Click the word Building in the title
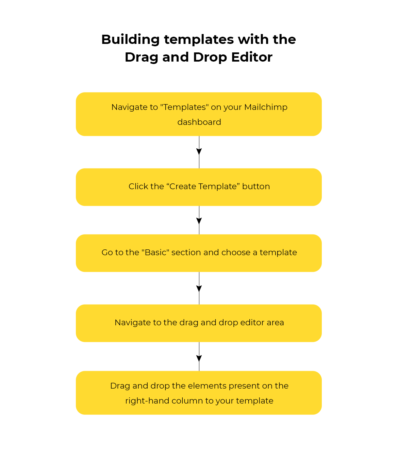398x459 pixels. (130, 40)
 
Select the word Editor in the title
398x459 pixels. (252, 57)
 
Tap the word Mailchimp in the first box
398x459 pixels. (266, 108)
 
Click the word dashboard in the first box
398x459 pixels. (199, 122)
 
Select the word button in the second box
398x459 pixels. (256, 186)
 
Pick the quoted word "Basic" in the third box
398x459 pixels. (155, 252)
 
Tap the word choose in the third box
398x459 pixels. (236, 252)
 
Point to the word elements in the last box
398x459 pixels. (207, 386)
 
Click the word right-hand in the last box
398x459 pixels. (147, 401)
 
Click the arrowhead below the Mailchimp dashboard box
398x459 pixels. (199, 151)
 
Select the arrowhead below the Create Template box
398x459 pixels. (199, 221)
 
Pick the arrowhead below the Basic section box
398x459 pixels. (199, 289)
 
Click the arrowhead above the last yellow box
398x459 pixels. (199, 359)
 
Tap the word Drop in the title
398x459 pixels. (210, 58)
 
